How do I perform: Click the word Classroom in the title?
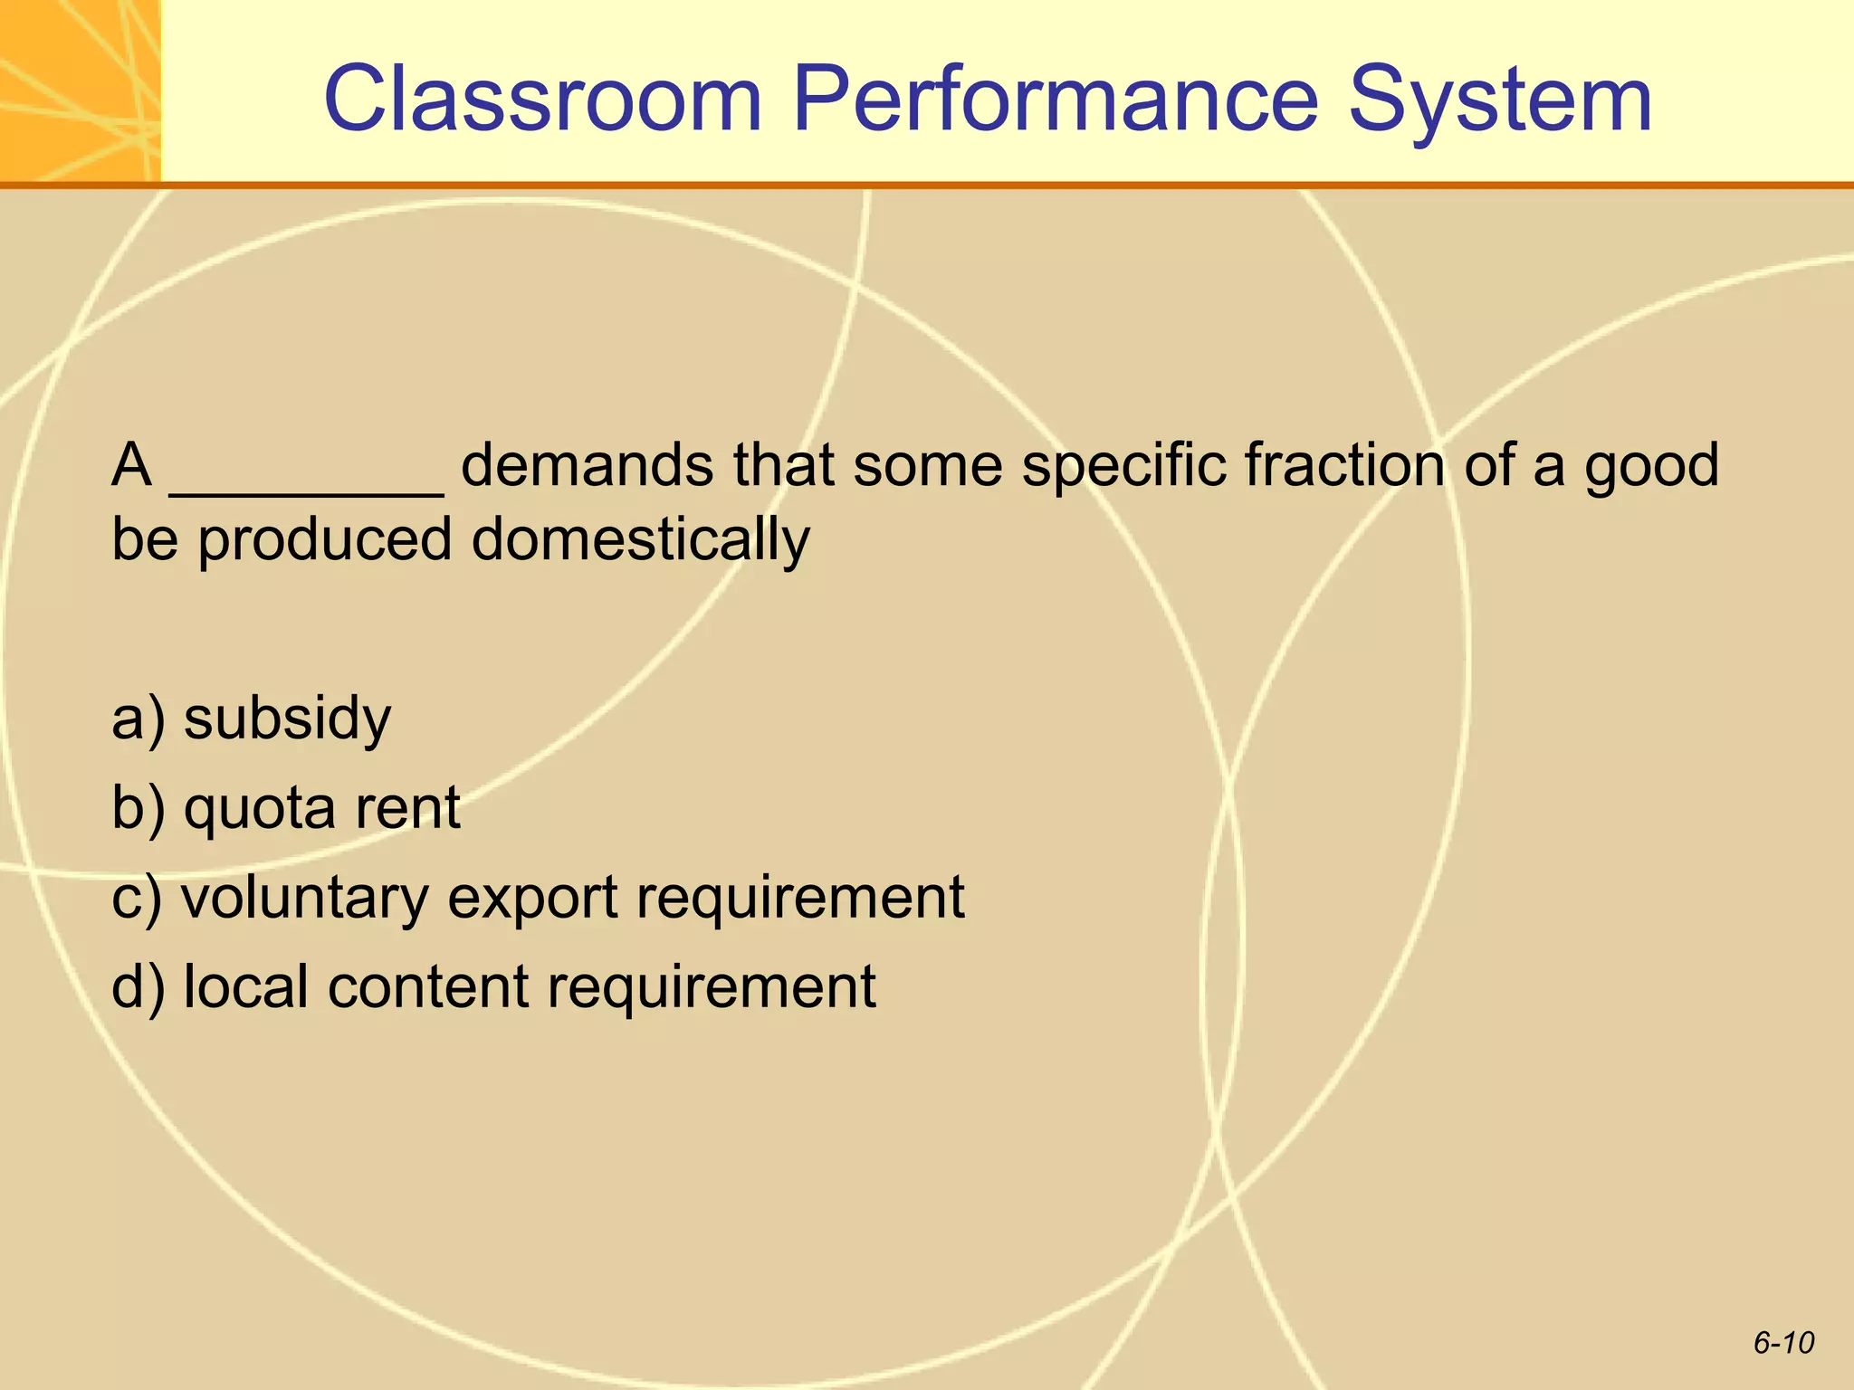coord(543,100)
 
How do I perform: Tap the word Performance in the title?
coord(1055,100)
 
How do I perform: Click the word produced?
coord(325,541)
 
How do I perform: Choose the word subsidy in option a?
coord(287,719)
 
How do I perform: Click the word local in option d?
coord(244,985)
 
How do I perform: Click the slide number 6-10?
coord(1783,1343)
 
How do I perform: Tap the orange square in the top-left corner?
coord(80,90)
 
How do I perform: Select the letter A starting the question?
coord(131,466)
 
